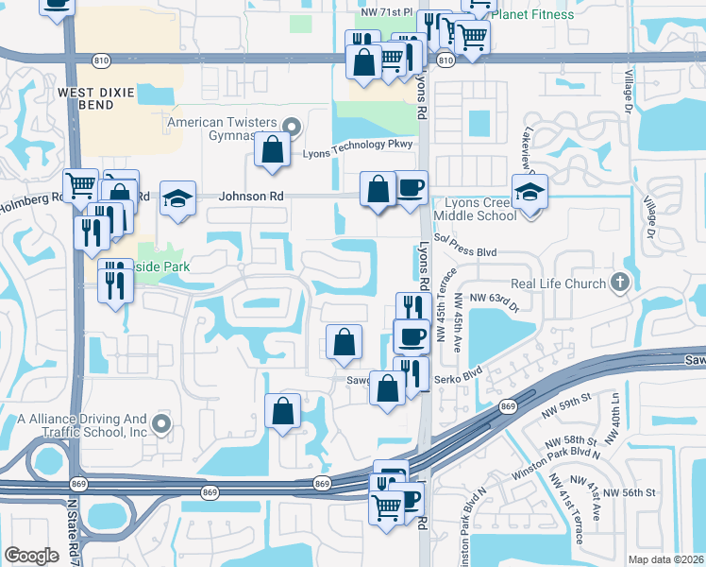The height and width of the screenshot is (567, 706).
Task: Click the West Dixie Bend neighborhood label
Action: (x=99, y=98)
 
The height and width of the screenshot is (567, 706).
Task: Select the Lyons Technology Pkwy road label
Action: (x=358, y=145)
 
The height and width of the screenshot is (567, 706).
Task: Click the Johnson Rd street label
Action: (x=250, y=197)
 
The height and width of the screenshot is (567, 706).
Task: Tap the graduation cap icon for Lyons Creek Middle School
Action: (x=530, y=193)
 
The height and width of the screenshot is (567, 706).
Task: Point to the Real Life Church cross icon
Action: (x=618, y=282)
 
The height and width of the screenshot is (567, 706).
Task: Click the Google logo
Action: (x=31, y=555)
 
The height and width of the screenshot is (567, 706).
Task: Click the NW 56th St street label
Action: (x=630, y=492)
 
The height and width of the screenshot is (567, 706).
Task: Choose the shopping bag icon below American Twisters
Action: (x=273, y=151)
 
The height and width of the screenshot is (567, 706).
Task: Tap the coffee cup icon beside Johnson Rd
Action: (x=409, y=187)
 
